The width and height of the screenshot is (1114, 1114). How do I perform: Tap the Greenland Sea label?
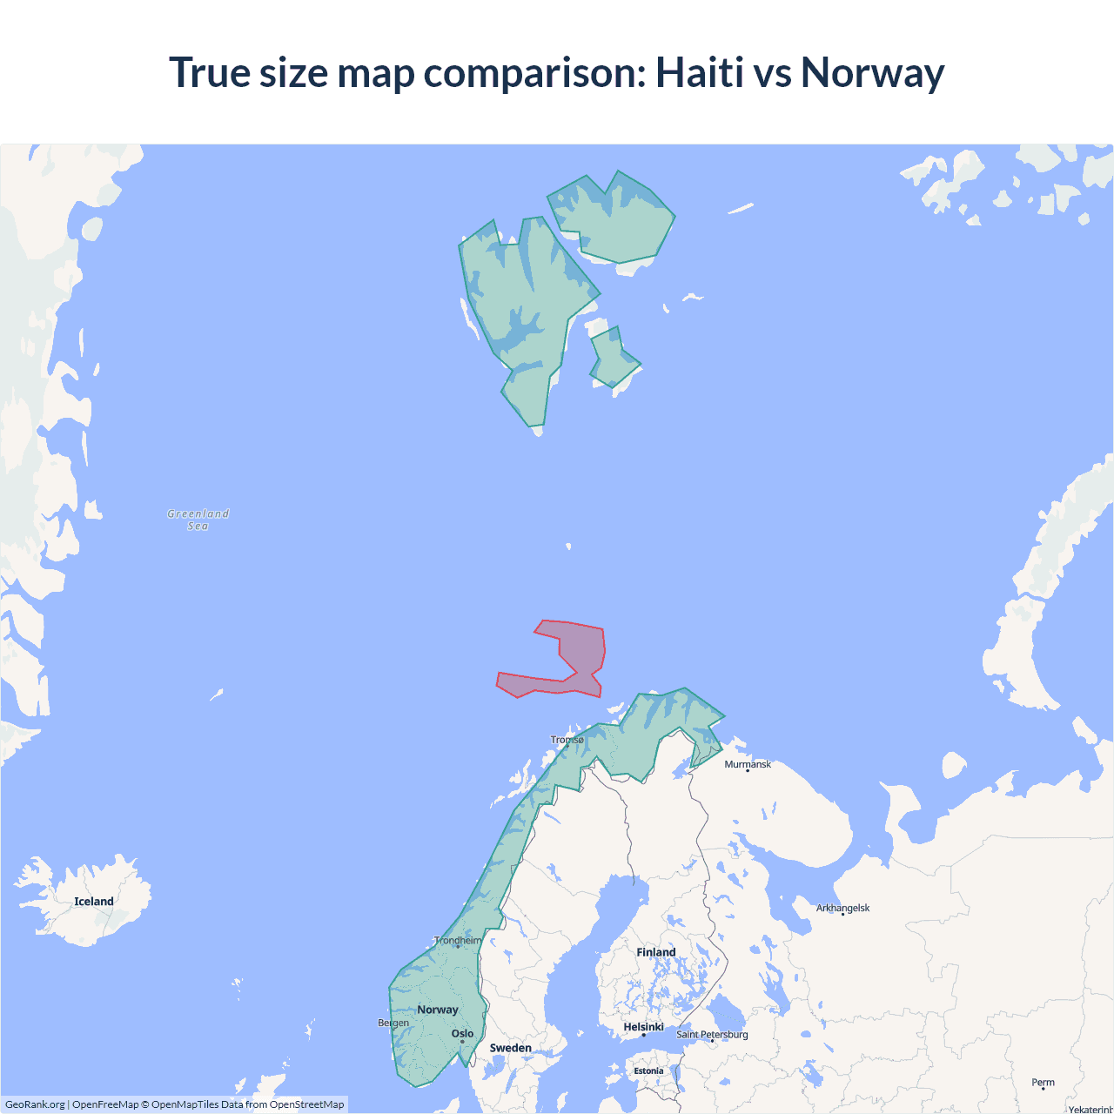[198, 520]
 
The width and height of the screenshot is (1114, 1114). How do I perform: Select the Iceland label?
[94, 902]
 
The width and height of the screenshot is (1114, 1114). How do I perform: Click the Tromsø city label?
[567, 740]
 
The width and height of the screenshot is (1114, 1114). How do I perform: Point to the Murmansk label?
[748, 764]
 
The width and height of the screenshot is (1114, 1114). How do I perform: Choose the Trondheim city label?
[458, 940]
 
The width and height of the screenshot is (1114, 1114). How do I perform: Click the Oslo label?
[462, 1034]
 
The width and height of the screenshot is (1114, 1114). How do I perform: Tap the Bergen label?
[393, 1023]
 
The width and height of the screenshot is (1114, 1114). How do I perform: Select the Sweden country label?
[510, 1048]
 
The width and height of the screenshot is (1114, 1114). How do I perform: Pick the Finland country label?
[655, 952]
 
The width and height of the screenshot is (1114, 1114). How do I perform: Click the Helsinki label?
[643, 1027]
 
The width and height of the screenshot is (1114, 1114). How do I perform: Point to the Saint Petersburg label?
[712, 1034]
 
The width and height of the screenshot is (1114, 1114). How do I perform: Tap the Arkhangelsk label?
[842, 908]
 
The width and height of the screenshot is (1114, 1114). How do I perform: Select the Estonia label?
[648, 1070]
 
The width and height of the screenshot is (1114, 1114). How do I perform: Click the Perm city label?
[1043, 1083]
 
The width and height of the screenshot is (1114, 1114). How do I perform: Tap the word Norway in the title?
[872, 72]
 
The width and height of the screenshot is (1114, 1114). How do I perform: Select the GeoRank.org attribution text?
[35, 1104]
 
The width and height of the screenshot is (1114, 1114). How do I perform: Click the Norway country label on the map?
[437, 1010]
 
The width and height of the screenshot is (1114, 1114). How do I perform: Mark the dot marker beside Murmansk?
[747, 771]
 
